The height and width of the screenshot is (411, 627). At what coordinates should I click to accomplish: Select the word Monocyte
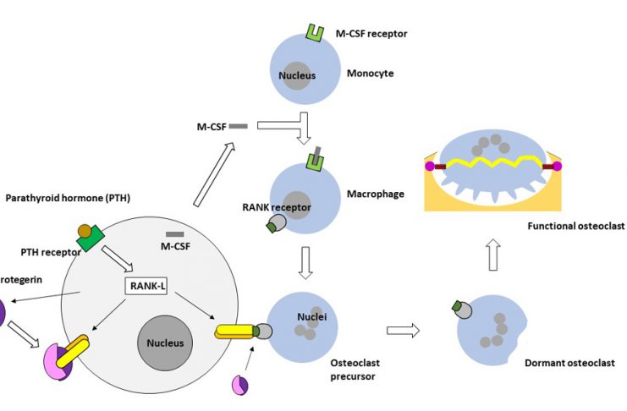370,74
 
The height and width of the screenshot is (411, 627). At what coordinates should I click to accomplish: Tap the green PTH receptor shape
90,238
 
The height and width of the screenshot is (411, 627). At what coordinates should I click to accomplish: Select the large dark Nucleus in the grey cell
163,343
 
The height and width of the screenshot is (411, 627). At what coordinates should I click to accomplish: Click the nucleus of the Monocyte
297,75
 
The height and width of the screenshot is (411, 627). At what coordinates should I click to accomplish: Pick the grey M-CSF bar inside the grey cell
175,233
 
